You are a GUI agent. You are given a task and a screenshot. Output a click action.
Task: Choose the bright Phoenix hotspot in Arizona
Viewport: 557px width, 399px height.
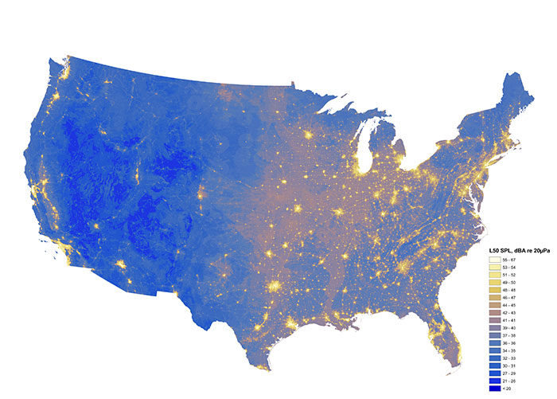coord(121,264)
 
